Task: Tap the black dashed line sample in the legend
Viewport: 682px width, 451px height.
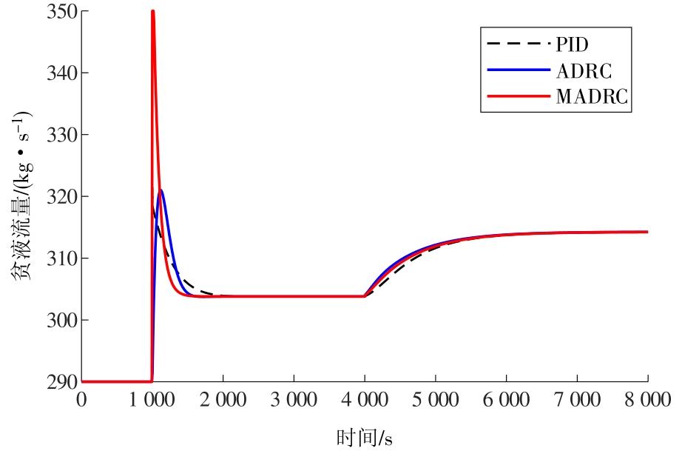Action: [517, 44]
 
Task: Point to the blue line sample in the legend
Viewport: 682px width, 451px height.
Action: [517, 70]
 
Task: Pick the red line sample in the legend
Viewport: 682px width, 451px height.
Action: [517, 96]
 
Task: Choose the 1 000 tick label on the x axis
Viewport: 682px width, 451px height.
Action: [152, 401]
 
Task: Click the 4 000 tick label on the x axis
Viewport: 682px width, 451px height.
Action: [365, 401]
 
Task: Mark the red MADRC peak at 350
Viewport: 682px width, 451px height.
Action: [152, 11]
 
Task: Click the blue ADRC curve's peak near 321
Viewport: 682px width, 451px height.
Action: [161, 190]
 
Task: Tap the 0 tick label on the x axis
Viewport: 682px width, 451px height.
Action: [81, 401]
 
